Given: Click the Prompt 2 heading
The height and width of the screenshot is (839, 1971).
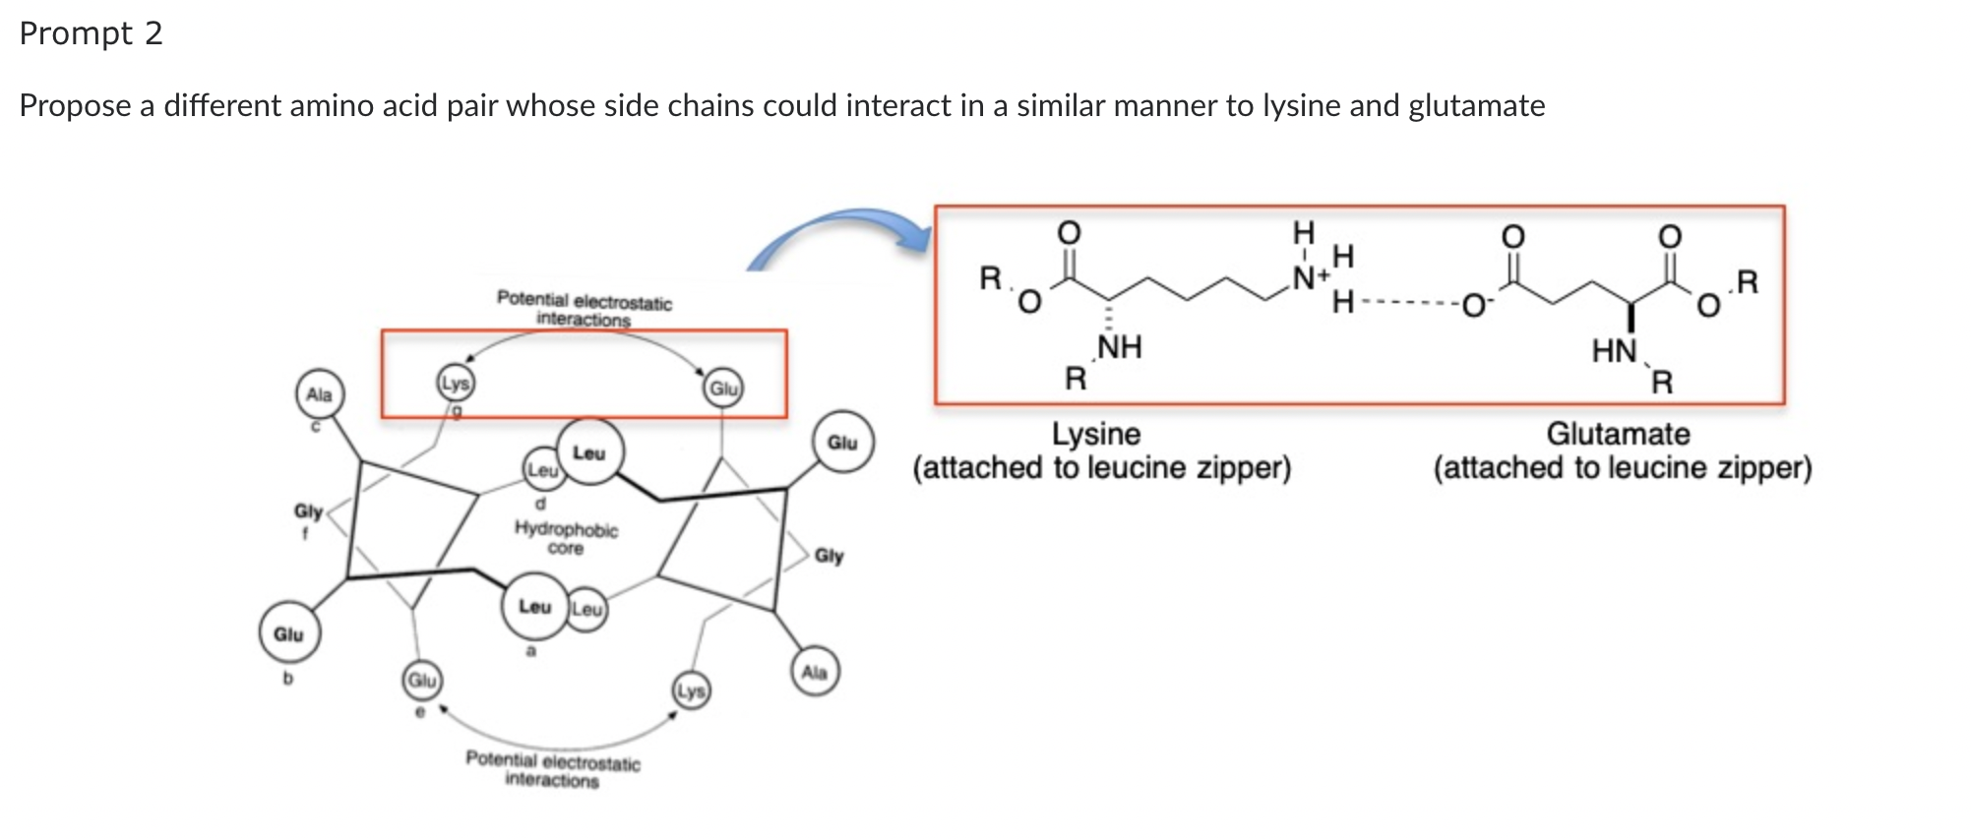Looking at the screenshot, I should (91, 33).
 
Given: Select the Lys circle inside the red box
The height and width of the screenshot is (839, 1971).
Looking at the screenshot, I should (455, 384).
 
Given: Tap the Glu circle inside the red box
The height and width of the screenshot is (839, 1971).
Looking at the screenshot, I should (723, 389).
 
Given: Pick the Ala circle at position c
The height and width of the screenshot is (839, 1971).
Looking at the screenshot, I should (319, 394).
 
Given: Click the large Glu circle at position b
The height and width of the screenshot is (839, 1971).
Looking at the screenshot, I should (288, 634).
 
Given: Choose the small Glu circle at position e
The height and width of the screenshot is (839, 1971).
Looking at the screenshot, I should (422, 680).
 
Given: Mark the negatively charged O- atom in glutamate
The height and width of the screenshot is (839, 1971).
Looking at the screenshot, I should (1475, 305).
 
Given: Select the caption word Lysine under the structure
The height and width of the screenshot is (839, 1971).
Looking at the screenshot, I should (1096, 434).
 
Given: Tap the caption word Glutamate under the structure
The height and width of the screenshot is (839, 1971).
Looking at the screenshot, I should (1618, 434).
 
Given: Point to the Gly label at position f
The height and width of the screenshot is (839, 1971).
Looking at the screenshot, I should (308, 511).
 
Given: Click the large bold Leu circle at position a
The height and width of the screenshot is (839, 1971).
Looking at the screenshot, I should (534, 606).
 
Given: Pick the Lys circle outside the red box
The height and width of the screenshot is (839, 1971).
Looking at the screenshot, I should (691, 690).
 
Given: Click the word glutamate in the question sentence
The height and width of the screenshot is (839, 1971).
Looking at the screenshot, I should (1476, 105).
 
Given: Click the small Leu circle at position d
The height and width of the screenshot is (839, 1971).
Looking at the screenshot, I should (542, 470).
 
